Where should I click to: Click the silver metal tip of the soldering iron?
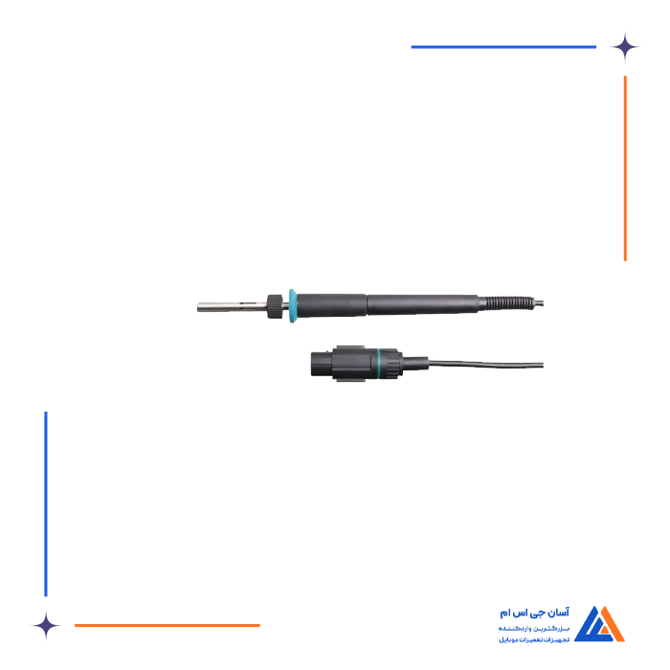(218, 307)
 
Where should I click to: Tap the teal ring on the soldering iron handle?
(292, 305)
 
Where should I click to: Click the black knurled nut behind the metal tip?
(276, 305)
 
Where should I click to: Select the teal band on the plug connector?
(383, 364)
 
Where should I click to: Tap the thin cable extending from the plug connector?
(488, 365)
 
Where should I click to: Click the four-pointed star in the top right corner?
(625, 46)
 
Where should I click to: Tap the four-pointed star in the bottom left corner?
(46, 625)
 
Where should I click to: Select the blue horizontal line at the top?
(503, 46)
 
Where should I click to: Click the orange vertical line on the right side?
(625, 167)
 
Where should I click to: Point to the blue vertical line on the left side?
(46, 503)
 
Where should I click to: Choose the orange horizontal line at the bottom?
(167, 625)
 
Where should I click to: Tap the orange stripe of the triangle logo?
(613, 627)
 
